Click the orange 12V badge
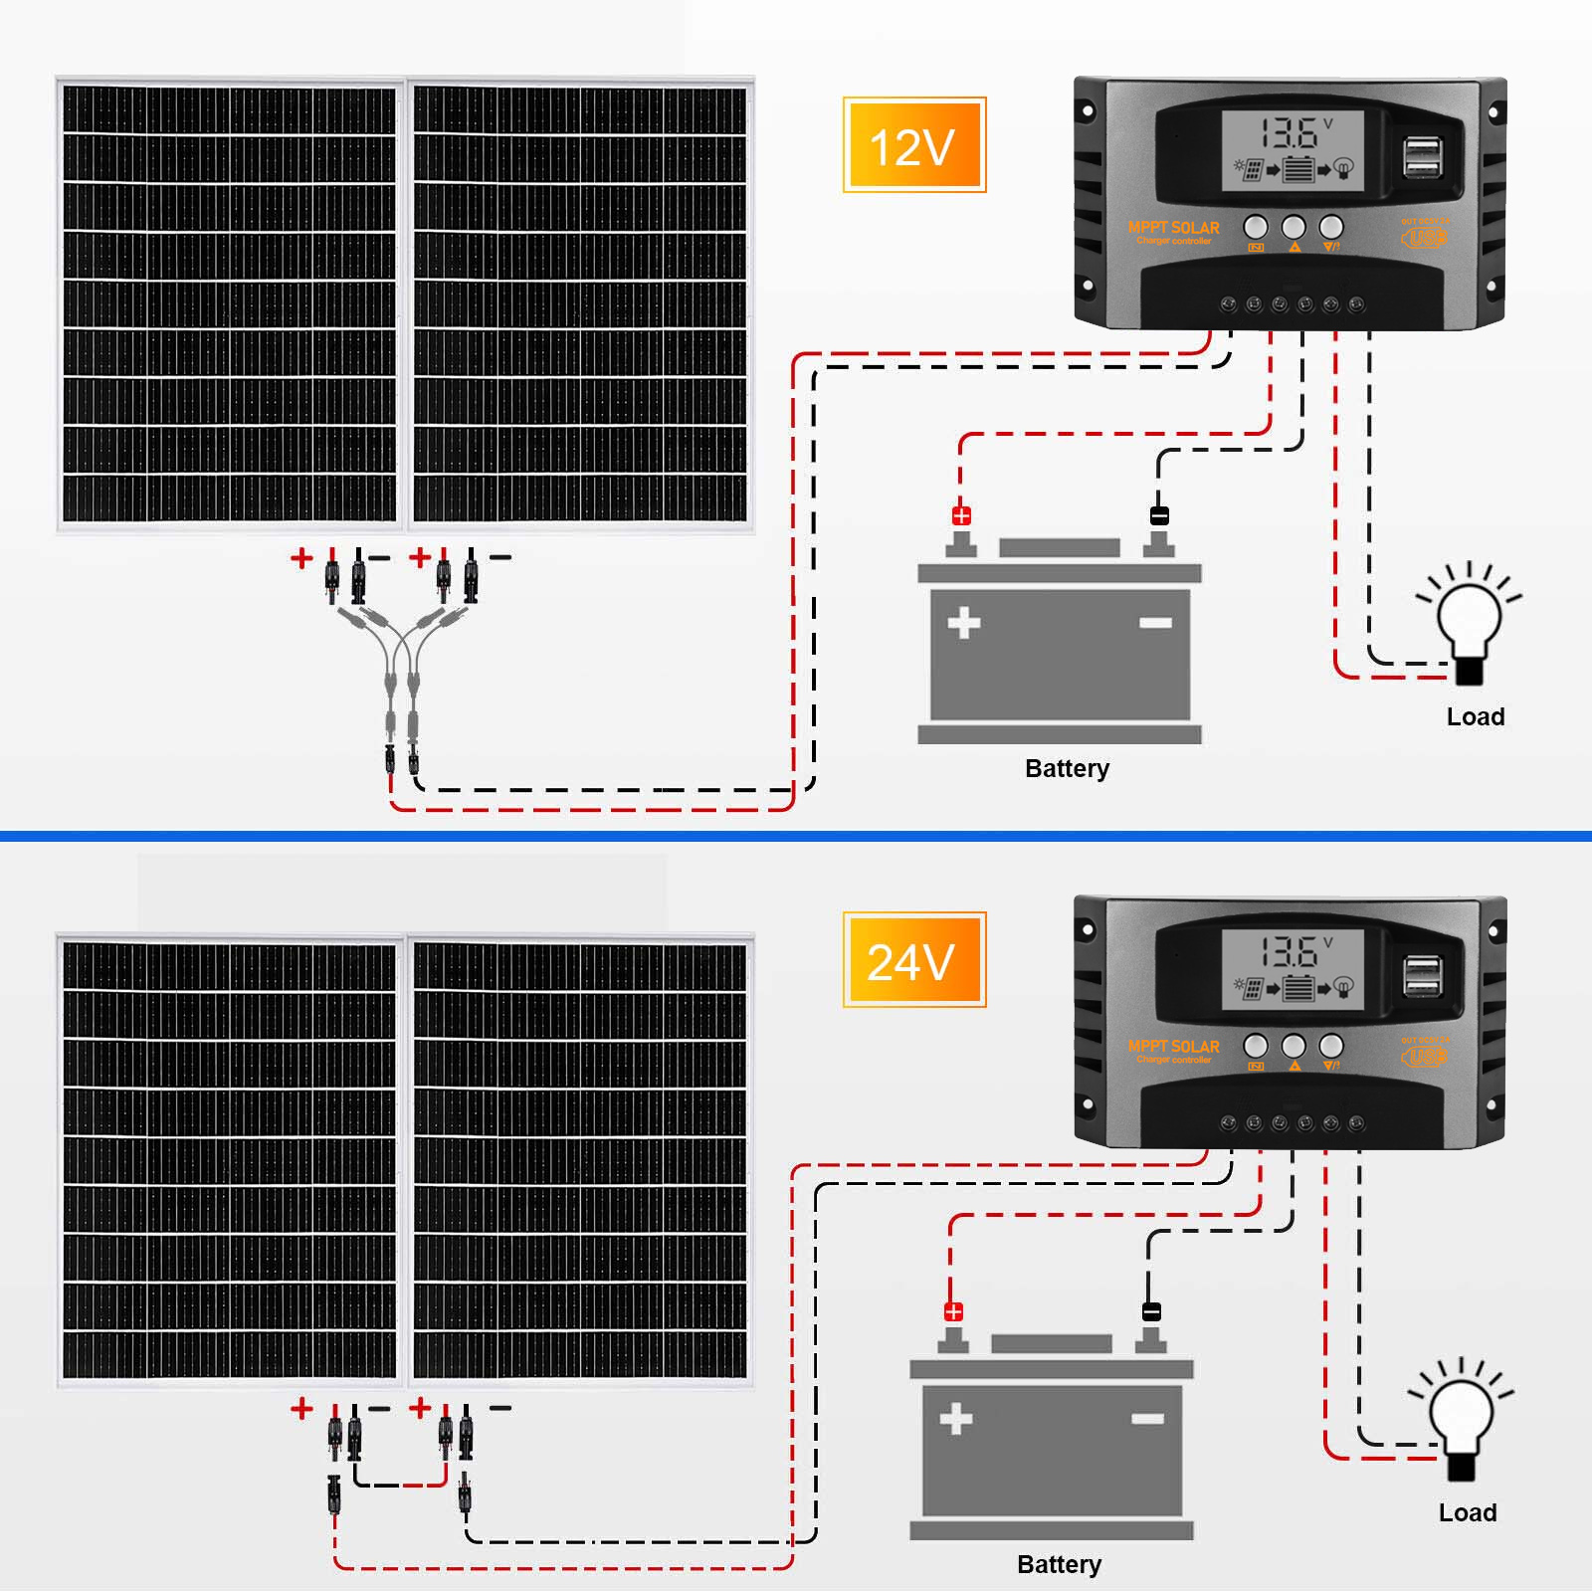(913, 145)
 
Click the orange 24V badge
(913, 960)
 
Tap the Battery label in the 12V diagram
(1067, 768)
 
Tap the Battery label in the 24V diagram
(1059, 1564)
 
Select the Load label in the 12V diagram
(1475, 716)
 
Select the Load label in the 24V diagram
(1467, 1512)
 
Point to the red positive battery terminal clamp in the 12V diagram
(961, 515)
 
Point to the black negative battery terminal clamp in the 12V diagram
(1159, 515)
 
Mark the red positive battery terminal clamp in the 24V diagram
(953, 1311)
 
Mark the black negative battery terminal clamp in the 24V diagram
(1151, 1311)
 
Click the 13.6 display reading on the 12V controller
(1290, 133)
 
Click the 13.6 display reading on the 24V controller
(1290, 952)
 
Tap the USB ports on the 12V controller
(1423, 158)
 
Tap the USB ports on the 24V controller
(1423, 976)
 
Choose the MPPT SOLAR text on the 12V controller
(1173, 228)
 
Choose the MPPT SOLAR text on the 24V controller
(1173, 1047)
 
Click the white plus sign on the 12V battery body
(963, 624)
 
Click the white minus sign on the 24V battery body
(1147, 1419)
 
